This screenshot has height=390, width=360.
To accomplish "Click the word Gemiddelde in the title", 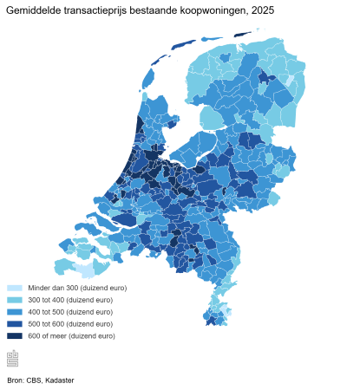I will click(32, 10).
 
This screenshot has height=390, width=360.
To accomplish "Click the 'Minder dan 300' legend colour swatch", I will click(15, 288).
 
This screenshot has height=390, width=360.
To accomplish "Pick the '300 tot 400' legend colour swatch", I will click(15, 300).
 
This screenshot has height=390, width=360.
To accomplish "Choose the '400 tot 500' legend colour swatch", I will click(15, 312).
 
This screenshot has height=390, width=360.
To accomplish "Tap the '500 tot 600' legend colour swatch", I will click(15, 324).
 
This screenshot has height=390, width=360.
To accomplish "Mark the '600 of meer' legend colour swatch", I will click(15, 336).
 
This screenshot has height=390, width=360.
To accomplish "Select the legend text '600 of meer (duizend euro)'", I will click(71, 336).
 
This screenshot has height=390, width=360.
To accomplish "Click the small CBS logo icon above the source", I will click(13, 358).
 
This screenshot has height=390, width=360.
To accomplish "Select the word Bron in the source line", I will click(15, 380).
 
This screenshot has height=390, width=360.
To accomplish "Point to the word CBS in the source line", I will click(34, 380).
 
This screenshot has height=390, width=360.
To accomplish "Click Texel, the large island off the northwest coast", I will click(147, 79).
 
